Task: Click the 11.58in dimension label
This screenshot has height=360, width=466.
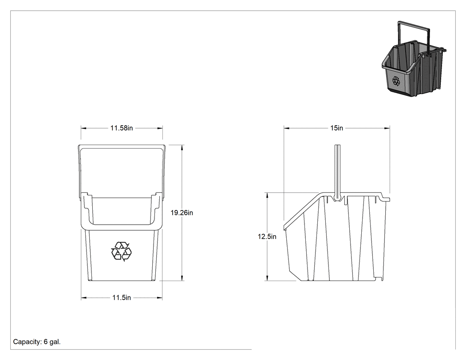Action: point(122,128)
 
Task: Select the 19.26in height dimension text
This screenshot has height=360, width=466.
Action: point(182,213)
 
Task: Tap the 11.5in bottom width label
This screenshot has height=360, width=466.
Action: point(122,297)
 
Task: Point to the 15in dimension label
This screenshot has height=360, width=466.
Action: point(337,128)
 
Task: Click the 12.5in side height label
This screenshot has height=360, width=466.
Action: point(267,237)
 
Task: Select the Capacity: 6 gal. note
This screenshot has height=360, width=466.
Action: point(37,342)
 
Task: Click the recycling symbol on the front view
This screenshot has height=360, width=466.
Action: point(121,252)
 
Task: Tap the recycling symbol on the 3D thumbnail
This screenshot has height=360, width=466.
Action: point(396,80)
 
